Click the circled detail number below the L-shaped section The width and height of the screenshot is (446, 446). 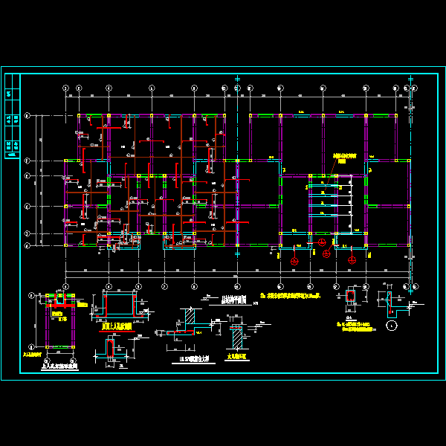[x=392, y=326]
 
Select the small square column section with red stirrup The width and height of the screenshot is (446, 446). [x=352, y=297]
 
